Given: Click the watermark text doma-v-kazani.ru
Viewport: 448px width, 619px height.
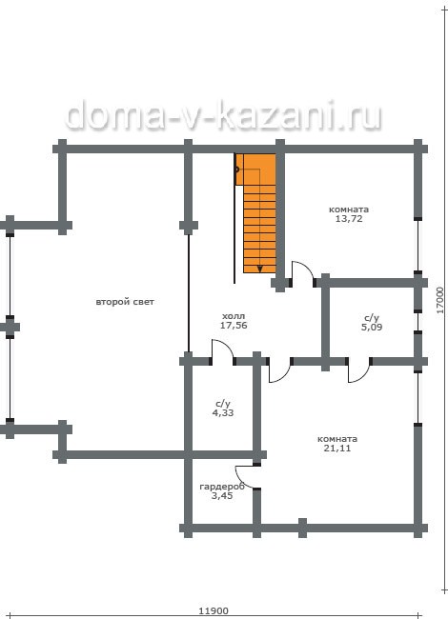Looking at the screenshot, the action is (223, 115).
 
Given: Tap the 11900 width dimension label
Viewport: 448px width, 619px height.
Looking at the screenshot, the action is (214, 611).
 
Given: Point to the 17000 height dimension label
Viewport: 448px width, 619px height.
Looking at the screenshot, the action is (441, 300).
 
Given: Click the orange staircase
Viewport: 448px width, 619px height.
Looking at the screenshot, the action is (255, 213).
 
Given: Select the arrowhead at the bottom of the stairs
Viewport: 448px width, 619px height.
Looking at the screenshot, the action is (259, 270).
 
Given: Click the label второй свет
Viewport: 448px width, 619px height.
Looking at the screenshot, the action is (125, 302).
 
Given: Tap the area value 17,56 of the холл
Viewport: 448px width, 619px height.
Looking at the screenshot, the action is (234, 326).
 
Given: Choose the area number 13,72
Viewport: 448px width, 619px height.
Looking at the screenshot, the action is (349, 219).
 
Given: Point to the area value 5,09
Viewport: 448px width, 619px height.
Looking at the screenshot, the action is (372, 327).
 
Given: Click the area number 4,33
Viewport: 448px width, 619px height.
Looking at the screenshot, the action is (223, 413).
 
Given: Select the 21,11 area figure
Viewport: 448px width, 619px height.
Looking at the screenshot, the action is (337, 449).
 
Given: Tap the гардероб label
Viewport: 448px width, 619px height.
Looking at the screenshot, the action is (222, 487).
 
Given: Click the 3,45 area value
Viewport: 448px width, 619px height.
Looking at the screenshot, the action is (222, 496).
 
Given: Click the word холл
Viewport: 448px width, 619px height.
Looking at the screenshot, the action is (234, 316).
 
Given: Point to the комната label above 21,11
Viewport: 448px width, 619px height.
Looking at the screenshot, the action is (337, 439).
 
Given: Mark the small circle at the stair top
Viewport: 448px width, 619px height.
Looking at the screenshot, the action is (236, 170).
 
